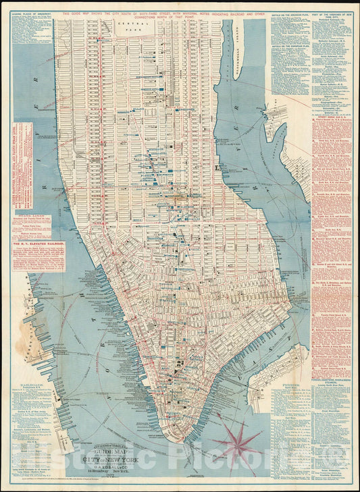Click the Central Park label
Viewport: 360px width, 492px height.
click(x=128, y=26)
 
